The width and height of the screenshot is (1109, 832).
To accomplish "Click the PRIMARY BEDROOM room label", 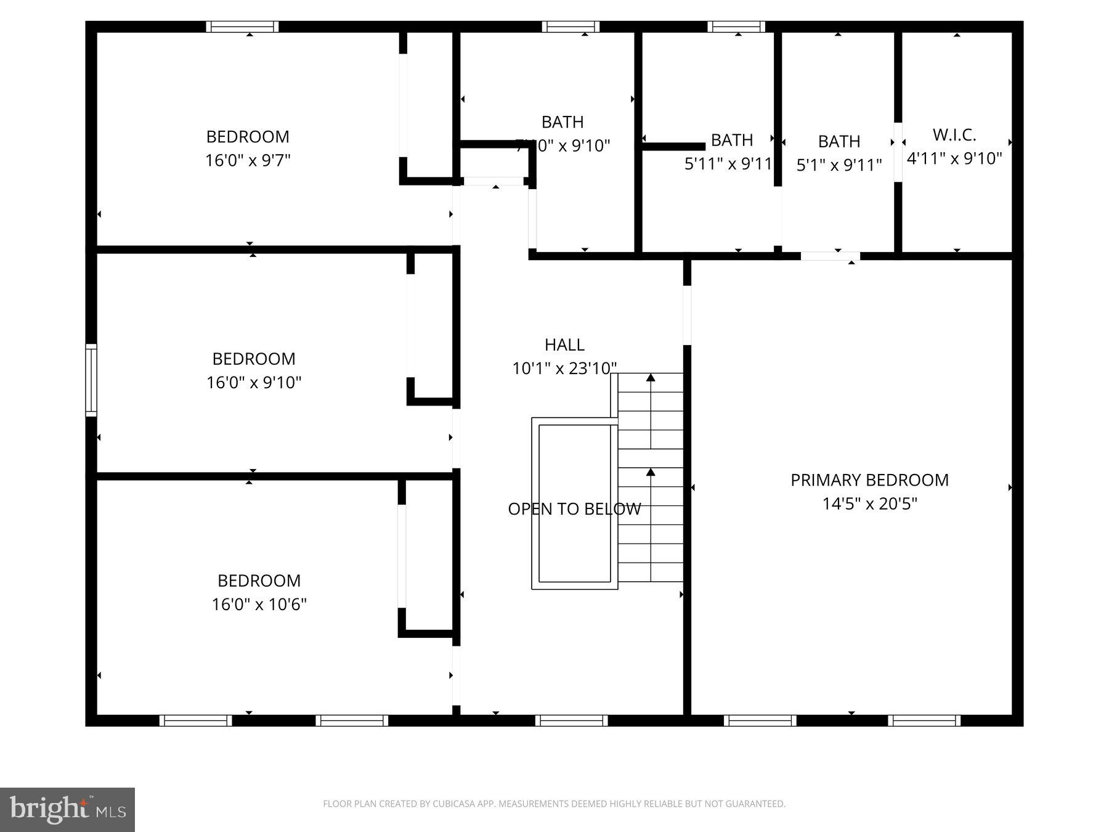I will coord(869,480).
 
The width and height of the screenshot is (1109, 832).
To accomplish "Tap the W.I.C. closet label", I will coord(954,134).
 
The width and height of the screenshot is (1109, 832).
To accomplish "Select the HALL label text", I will coord(564,345).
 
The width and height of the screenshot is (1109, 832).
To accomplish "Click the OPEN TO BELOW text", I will coord(574,509).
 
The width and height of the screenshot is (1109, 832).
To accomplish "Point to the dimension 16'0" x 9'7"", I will coord(248,160).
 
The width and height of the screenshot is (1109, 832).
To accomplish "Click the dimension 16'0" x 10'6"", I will coord(259,604).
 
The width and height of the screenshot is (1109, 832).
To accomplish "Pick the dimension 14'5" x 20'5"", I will coord(869,504).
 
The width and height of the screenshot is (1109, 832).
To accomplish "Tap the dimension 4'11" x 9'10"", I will coord(954,158).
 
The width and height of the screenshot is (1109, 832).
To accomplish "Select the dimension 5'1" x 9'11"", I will coord(839,165).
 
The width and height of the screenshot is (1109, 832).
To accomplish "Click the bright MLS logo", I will coord(67,809).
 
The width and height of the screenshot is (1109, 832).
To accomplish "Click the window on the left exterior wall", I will coord(91,380).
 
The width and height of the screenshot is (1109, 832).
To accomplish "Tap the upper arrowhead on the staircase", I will coord(651,377).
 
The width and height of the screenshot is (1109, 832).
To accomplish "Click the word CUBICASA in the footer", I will coord(458,804).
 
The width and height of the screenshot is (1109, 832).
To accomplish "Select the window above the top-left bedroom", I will coord(242,27).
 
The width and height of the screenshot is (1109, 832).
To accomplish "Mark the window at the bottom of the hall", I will coord(572,720).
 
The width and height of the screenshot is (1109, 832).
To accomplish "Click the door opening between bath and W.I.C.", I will coord(898,152).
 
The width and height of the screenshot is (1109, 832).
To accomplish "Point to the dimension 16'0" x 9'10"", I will coord(253,382).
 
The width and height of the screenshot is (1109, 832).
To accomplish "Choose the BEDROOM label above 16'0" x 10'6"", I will coord(259,581).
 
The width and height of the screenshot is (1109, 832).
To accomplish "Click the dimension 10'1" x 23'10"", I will coord(564,369).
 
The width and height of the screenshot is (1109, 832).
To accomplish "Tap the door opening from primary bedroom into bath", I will coord(830,256).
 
